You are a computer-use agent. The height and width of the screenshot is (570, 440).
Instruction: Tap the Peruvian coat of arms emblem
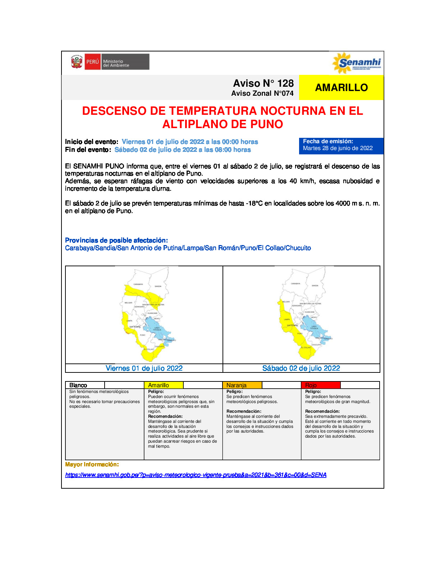[x=77, y=62]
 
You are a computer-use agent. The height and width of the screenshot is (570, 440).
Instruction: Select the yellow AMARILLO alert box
[x=341, y=87]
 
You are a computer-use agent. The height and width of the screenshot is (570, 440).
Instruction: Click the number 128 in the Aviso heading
[x=285, y=83]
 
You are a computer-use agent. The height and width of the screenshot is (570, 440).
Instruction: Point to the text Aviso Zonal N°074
[x=262, y=94]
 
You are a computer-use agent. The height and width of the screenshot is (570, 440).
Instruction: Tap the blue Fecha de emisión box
[x=341, y=145]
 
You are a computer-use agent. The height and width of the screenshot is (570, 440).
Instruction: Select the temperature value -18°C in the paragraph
[x=254, y=203]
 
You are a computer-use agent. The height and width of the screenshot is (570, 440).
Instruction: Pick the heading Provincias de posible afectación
[x=116, y=240]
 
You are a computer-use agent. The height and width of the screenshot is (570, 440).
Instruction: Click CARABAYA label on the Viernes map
[x=138, y=284]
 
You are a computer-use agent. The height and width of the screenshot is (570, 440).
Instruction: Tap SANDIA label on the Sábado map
[x=315, y=286]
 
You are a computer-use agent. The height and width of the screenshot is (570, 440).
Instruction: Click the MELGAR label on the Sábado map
[x=286, y=302]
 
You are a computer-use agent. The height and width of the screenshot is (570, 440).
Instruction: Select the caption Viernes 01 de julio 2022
[x=144, y=368]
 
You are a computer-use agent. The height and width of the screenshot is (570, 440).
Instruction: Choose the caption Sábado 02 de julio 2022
[x=301, y=368]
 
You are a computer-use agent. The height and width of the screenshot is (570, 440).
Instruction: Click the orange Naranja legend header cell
[x=242, y=385]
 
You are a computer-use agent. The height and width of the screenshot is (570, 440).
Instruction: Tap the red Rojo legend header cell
[x=321, y=385]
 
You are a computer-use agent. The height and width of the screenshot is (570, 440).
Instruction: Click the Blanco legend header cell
[x=85, y=385]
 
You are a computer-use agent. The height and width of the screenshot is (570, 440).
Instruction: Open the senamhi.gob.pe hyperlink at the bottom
[x=196, y=475]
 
